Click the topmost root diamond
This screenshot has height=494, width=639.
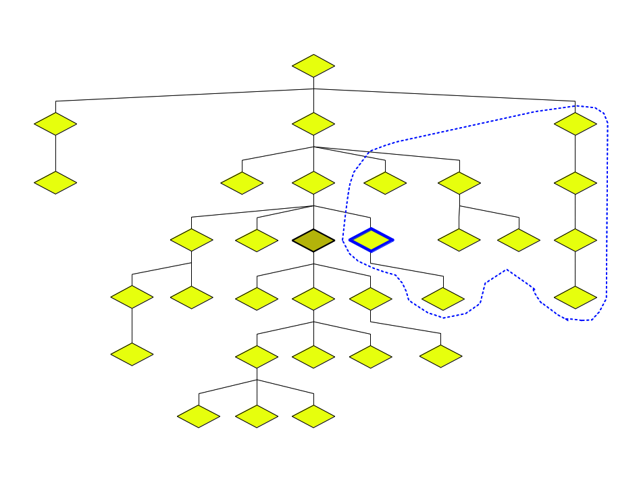tap(313, 66)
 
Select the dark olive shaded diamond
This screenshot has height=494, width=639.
tap(313, 240)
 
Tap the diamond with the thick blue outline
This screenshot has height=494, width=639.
tap(371, 240)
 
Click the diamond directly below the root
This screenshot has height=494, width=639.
tap(313, 124)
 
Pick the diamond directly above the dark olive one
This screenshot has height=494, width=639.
tap(313, 182)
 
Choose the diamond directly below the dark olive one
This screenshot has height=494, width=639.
tap(313, 298)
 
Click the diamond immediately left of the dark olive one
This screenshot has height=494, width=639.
tap(257, 240)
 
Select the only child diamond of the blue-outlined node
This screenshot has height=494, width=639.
tap(443, 298)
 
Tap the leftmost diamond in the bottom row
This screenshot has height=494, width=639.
tap(199, 416)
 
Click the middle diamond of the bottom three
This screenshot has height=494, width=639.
tap(257, 416)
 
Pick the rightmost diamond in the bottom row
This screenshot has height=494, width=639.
tap(313, 416)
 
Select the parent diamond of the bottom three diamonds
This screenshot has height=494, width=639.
tap(257, 356)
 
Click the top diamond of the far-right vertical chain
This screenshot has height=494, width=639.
tap(576, 124)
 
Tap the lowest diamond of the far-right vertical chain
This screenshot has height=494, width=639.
tap(576, 297)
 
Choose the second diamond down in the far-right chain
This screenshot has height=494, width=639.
tap(576, 182)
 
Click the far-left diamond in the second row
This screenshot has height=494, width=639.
tap(55, 124)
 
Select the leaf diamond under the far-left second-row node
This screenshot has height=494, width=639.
tap(55, 182)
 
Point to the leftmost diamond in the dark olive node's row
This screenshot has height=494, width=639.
tap(192, 240)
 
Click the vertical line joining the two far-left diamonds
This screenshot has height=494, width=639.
tap(55, 153)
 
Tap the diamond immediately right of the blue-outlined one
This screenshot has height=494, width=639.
tap(459, 240)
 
